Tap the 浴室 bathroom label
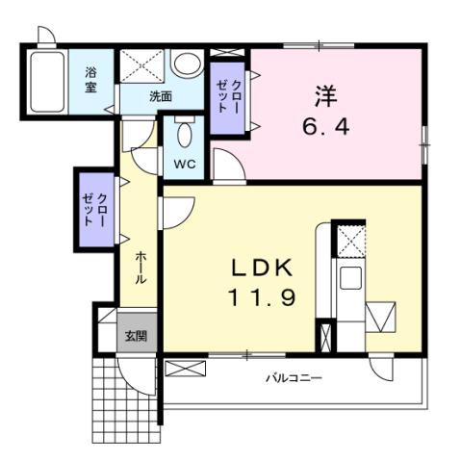[x=91, y=79]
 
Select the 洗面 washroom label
[x=160, y=97]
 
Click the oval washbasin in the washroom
[x=186, y=64]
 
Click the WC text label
[x=184, y=164]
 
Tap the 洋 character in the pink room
[x=323, y=95]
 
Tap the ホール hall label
[x=141, y=267]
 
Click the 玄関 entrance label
[x=136, y=336]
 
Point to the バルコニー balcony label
[x=294, y=378]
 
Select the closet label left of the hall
[x=95, y=208]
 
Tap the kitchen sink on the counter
[x=349, y=280]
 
